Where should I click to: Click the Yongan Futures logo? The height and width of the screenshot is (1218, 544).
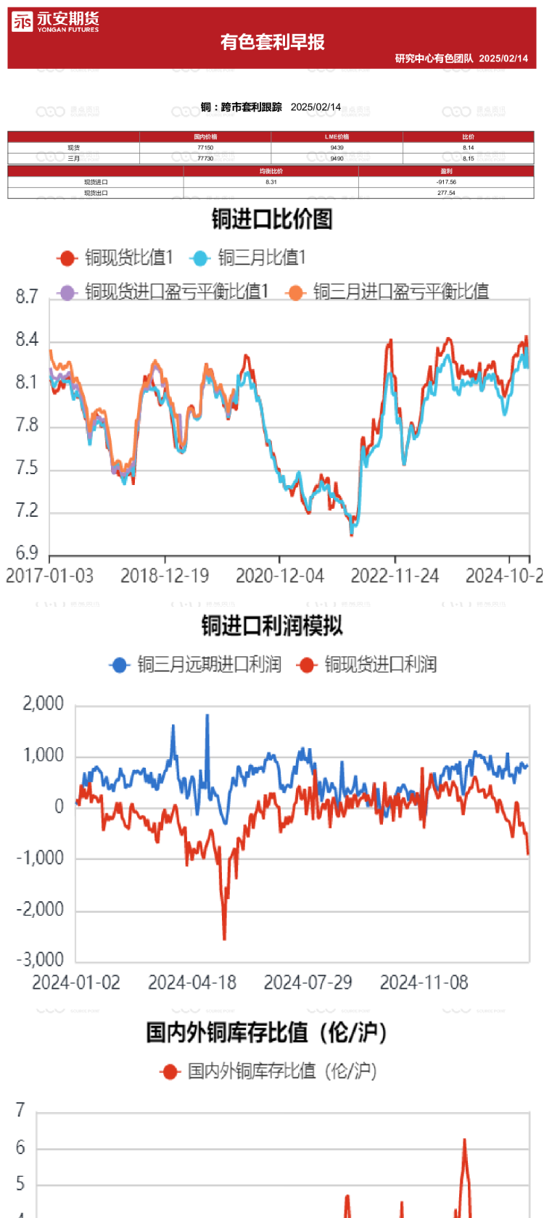coord(55,22)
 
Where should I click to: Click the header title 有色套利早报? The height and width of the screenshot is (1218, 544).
coord(272,42)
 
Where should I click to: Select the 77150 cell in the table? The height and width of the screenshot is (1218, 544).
coord(205,147)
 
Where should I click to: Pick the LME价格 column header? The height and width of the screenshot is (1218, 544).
coord(337,136)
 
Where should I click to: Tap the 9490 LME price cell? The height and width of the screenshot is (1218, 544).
coord(337,158)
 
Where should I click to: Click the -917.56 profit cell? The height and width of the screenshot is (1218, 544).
coord(446,182)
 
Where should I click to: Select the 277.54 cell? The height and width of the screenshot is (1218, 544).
coord(446,193)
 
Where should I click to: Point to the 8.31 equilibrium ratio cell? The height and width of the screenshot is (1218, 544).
coord(271,182)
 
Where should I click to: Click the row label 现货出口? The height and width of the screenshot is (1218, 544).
coord(96,193)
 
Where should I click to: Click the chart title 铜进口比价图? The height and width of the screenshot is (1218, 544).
coord(272,218)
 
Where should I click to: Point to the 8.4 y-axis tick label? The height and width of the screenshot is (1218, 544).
coord(27,340)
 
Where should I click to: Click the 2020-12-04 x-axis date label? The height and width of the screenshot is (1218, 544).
coord(279,576)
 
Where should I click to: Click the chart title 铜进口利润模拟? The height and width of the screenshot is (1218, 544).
coord(272,625)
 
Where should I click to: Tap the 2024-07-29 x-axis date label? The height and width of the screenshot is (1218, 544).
coord(308,982)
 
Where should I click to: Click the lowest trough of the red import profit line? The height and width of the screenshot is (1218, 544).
coord(224,939)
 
